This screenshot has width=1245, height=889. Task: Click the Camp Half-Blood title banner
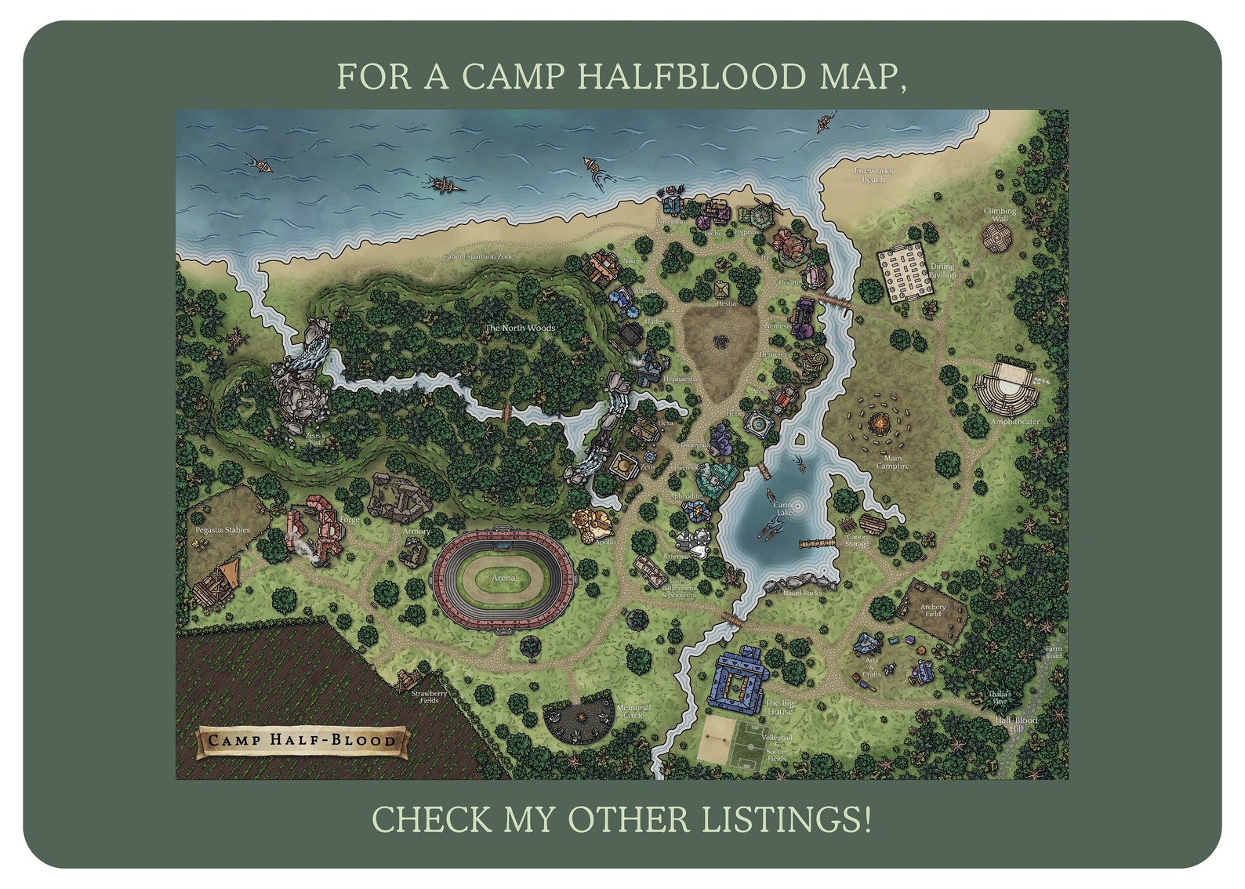(303, 740)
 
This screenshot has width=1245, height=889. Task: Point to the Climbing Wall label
(1000, 214)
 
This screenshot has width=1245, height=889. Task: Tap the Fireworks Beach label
(873, 175)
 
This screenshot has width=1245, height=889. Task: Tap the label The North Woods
(520, 328)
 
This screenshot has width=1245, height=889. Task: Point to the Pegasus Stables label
(223, 530)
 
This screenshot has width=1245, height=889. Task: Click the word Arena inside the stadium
(503, 578)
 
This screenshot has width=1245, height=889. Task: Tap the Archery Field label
(932, 610)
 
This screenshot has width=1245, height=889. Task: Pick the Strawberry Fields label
(429, 696)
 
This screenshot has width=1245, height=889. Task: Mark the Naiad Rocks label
(802, 593)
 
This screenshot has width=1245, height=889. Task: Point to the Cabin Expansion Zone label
(478, 256)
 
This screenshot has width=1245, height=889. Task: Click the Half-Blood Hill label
(1016, 724)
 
